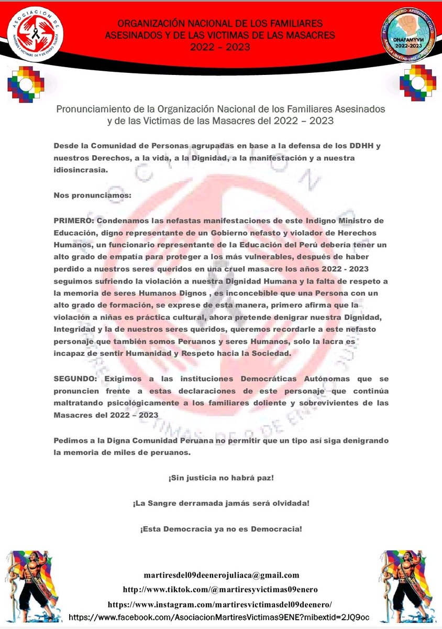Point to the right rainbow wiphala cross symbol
tap(417, 83)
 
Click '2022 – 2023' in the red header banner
tap(220, 47)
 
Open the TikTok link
tap(220, 589)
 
